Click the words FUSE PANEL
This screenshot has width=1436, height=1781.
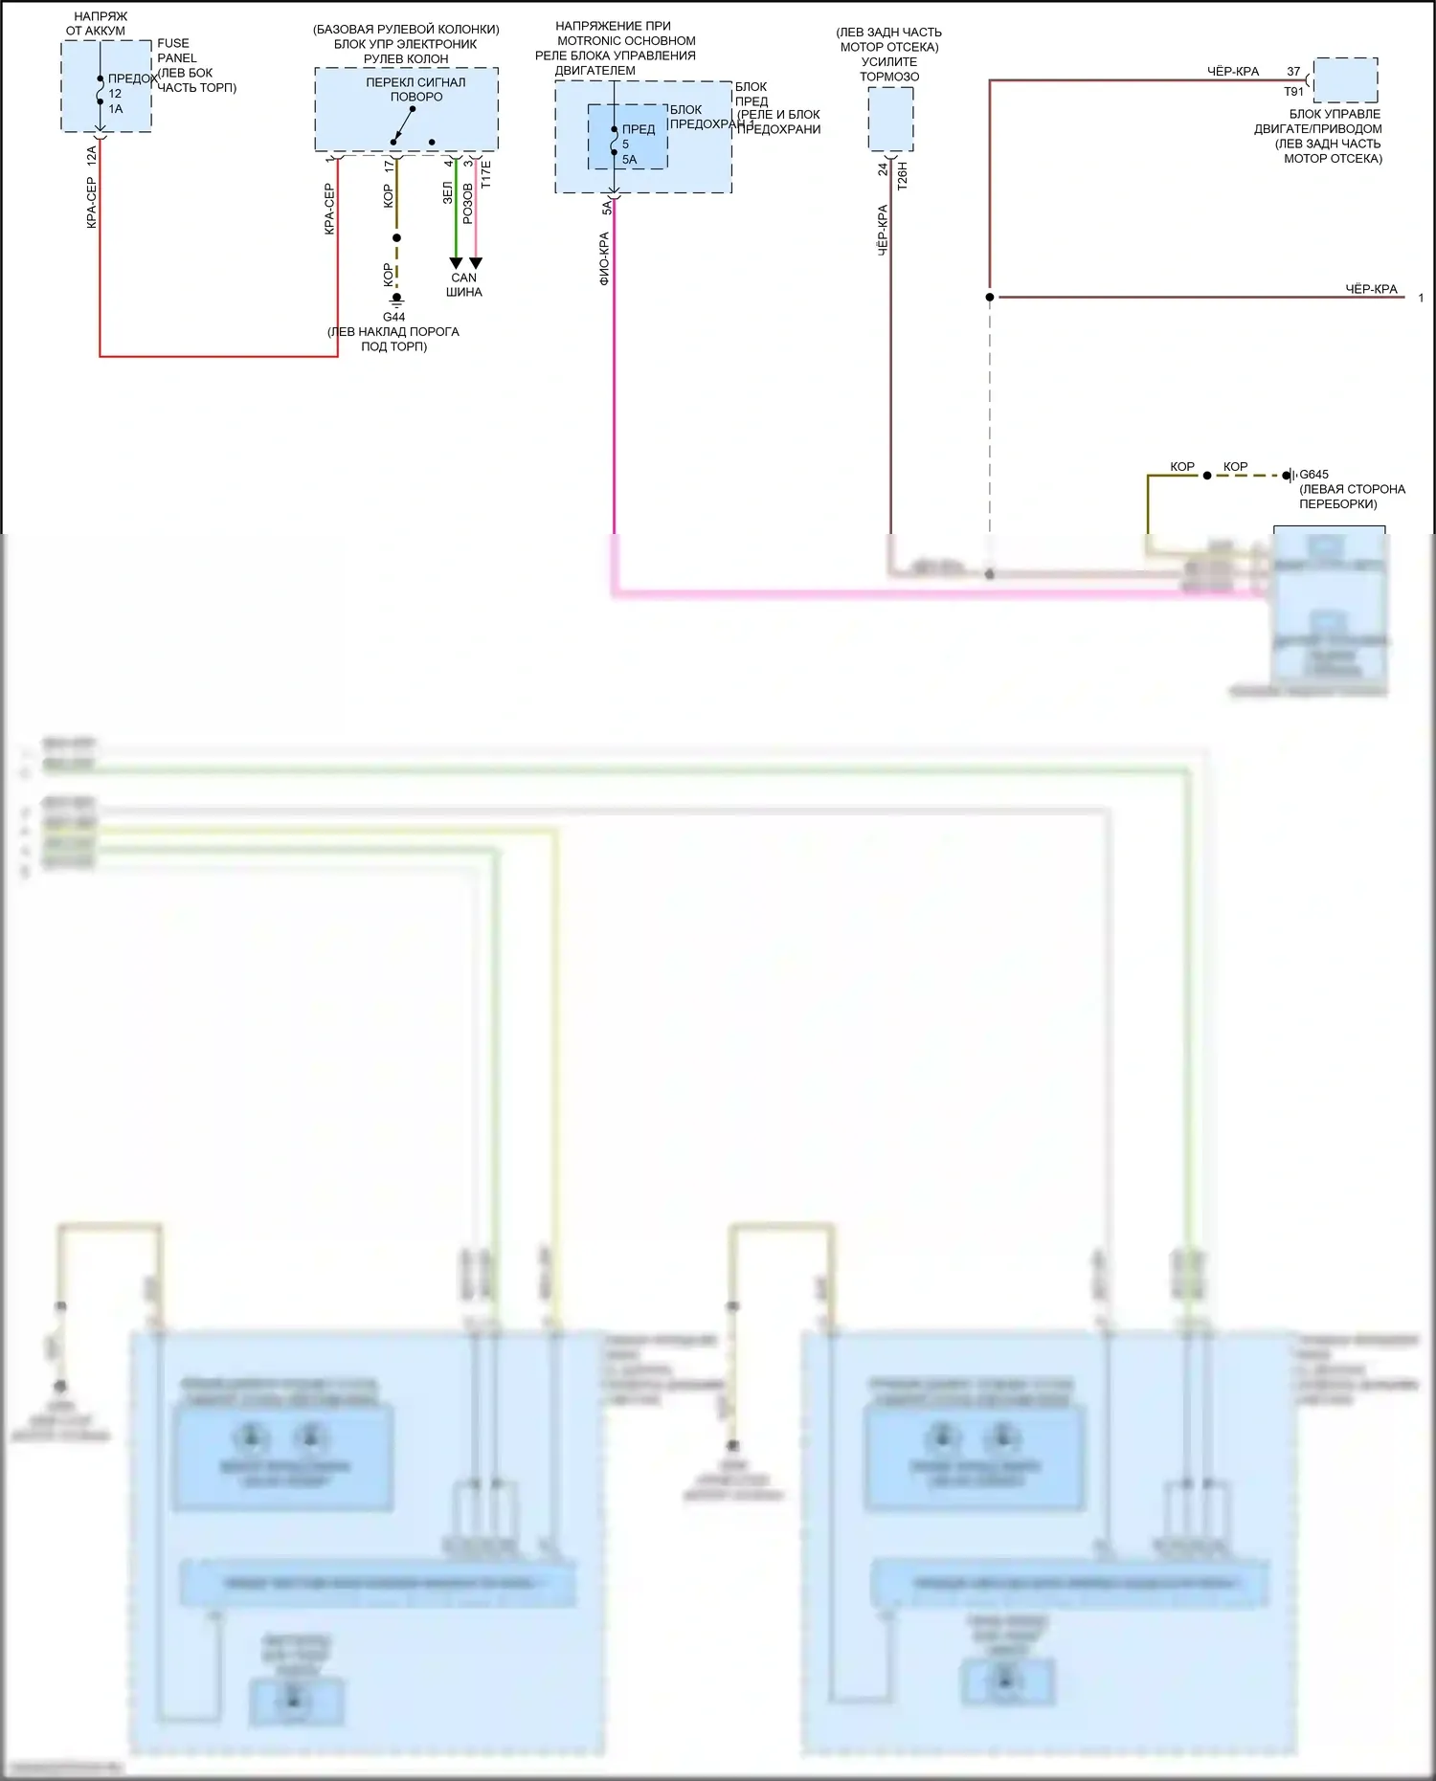click(175, 51)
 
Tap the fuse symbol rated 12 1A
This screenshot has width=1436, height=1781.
click(101, 91)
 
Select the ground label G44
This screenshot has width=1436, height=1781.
click(393, 317)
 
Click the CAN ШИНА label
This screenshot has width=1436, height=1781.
click(464, 284)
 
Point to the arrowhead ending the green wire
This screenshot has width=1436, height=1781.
click(456, 262)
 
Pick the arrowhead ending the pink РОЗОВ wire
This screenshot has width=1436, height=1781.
click(476, 262)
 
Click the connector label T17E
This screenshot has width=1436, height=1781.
click(485, 174)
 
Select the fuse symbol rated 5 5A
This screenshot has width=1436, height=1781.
click(615, 142)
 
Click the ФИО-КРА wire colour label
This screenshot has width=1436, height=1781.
click(604, 259)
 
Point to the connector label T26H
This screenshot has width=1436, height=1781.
click(902, 176)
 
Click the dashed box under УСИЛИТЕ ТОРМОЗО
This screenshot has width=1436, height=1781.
click(890, 120)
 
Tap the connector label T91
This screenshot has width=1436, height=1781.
click(1293, 92)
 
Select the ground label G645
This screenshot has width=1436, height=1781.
click(1313, 475)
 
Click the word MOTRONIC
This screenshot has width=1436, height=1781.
click(590, 41)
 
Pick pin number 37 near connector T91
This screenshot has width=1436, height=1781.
click(1293, 72)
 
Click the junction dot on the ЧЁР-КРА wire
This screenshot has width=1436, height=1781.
click(990, 297)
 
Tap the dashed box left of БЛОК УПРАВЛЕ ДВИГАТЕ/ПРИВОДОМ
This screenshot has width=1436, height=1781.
click(1345, 79)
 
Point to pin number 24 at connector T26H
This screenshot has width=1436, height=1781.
click(883, 169)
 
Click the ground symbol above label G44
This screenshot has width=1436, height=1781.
click(396, 299)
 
